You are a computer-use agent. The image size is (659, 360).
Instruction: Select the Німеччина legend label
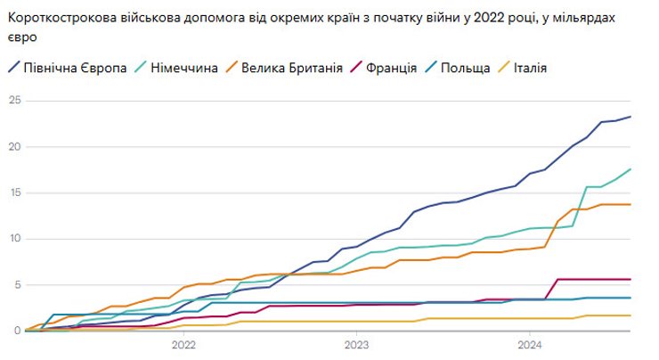[184, 68]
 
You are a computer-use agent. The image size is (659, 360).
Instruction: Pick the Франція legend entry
[390, 68]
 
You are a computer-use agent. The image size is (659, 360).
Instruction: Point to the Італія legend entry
[530, 68]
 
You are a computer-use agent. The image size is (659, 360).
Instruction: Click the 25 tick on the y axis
[12, 100]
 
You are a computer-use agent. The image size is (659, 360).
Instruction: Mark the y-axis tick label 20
[12, 146]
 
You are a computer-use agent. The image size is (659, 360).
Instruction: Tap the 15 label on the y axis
[12, 192]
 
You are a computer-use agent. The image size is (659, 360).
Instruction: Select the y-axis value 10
[12, 238]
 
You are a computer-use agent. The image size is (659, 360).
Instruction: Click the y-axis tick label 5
[15, 284]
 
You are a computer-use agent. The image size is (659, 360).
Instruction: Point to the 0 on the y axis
[15, 331]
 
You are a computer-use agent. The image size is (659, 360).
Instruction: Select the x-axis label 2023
[356, 345]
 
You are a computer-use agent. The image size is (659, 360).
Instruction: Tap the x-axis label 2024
[529, 345]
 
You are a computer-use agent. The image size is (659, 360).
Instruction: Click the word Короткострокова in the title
[63, 19]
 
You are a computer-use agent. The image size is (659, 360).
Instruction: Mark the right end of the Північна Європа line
[631, 117]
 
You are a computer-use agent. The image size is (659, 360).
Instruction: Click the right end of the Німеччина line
[631, 169]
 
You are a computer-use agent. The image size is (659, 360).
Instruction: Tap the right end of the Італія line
[631, 315]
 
